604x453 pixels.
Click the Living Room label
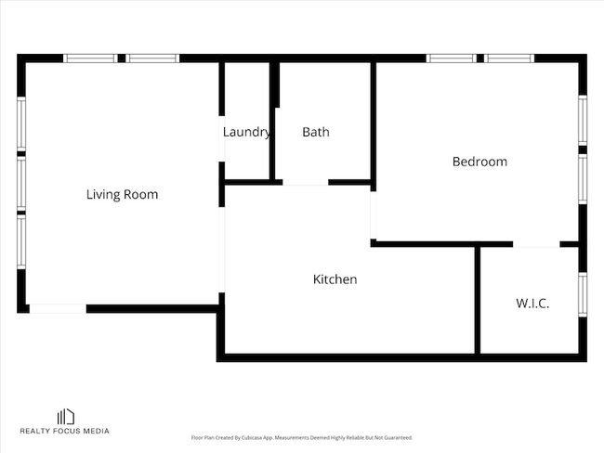(122, 195)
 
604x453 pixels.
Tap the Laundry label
(246, 132)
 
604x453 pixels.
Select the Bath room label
(316, 132)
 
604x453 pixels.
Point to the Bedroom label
(479, 162)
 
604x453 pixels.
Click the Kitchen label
(335, 279)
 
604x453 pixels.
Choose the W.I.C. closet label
(532, 304)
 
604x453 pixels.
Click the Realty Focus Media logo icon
(66, 417)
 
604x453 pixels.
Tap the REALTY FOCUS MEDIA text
(66, 432)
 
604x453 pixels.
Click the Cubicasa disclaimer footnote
(301, 437)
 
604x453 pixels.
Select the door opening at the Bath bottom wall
(305, 183)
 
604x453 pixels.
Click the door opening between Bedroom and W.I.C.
(536, 245)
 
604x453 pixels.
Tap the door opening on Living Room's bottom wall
(59, 308)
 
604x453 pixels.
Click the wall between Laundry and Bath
(272, 121)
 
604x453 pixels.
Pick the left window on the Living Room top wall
(90, 58)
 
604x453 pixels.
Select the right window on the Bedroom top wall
(510, 58)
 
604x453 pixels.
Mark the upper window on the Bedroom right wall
(583, 120)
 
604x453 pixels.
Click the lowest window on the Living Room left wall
(21, 242)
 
